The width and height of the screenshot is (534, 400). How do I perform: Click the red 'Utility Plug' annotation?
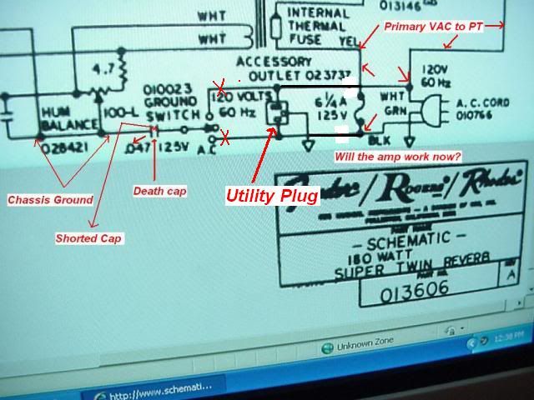coord(271,197)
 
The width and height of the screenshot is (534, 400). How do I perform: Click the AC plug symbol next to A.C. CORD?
coord(436,109)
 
